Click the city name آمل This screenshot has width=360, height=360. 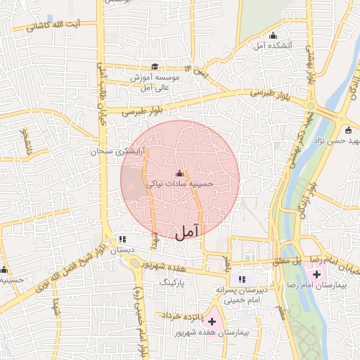(x=187, y=231)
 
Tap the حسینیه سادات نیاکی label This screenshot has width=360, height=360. (x=179, y=184)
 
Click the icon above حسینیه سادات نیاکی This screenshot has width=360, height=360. (x=179, y=173)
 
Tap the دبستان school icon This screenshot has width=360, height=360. (x=123, y=240)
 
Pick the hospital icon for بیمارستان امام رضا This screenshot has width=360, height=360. (x=316, y=272)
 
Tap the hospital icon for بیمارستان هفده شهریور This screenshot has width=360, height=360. (x=212, y=321)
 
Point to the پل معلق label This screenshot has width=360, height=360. (x=288, y=262)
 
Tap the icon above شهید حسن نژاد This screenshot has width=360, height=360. (x=348, y=129)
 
